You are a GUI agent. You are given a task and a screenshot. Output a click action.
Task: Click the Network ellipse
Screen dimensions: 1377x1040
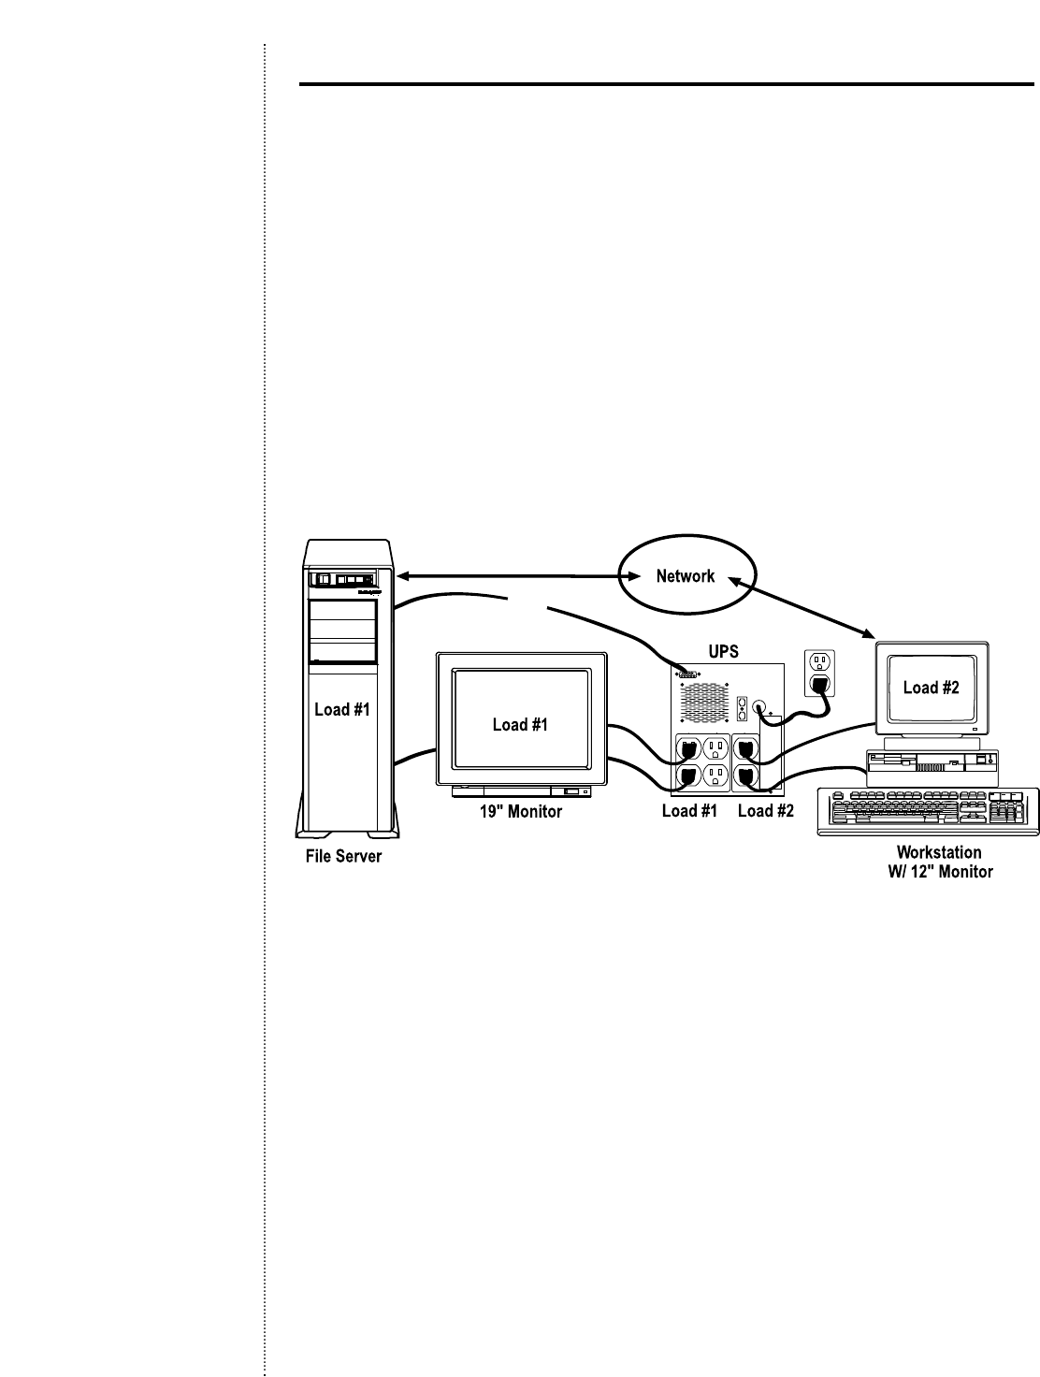[x=686, y=576]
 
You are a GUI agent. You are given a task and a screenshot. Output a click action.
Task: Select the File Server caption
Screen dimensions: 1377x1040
[x=343, y=856]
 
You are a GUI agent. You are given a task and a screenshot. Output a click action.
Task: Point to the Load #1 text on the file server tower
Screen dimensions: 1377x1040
[x=341, y=709]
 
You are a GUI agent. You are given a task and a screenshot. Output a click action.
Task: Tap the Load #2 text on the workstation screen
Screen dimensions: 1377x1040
[x=932, y=688]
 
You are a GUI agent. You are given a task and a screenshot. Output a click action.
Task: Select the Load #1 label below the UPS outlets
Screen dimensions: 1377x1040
[x=689, y=811]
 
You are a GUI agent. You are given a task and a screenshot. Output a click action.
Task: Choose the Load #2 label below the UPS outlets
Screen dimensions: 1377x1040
[x=765, y=811]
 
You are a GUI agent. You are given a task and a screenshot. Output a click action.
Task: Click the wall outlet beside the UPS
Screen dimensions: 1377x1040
[x=819, y=673]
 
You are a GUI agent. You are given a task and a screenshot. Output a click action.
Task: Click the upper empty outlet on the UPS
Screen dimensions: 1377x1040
[x=716, y=748]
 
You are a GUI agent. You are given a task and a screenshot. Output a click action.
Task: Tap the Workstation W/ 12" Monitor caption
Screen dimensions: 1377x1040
[x=938, y=862]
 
